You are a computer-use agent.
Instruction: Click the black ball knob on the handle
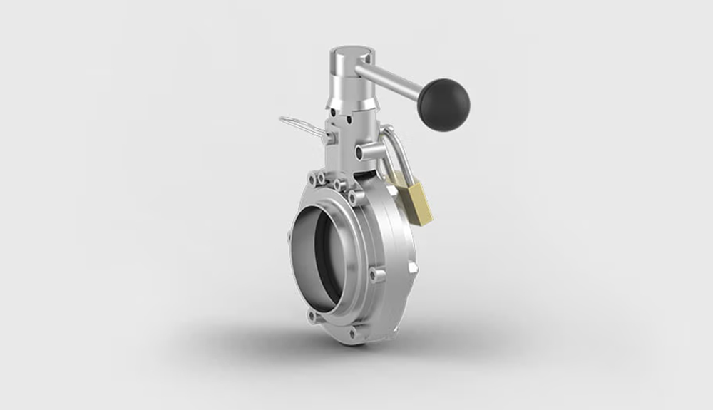(x=443, y=105)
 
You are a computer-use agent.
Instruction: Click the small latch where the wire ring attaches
(x=329, y=133)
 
